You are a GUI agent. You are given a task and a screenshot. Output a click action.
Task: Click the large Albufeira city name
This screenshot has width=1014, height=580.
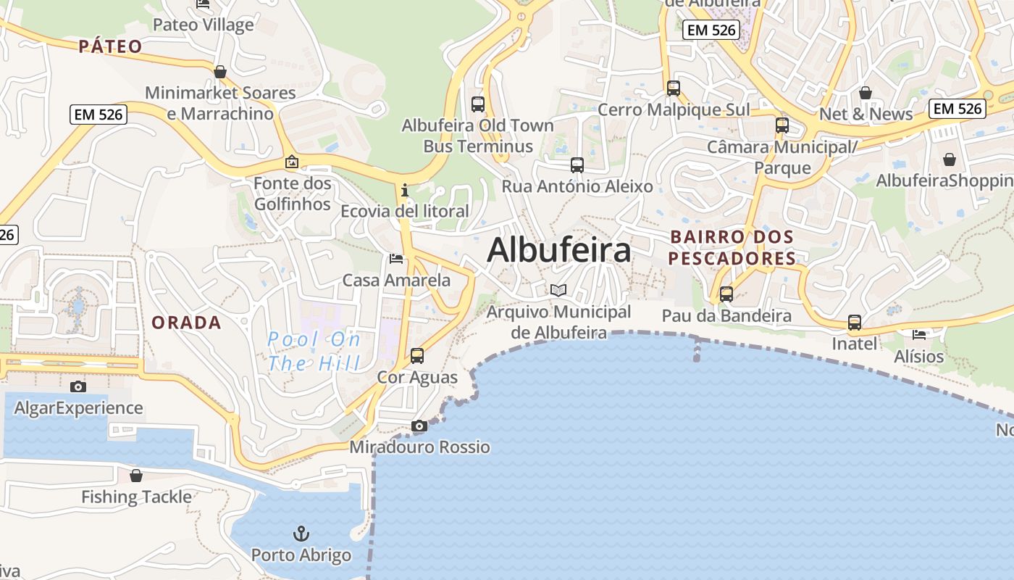pos(558,251)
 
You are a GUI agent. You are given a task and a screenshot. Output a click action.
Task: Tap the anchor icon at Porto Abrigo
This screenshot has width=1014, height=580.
pos(301,534)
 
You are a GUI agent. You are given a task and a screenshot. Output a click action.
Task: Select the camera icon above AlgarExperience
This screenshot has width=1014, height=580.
pos(77,387)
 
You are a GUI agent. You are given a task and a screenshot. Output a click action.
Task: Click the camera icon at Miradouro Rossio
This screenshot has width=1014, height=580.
pos(419,426)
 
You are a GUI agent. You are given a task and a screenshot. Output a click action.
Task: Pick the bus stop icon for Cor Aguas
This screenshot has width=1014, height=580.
pos(417,356)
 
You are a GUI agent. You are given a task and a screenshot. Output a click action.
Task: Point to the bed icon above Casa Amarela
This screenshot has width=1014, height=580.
pos(395,259)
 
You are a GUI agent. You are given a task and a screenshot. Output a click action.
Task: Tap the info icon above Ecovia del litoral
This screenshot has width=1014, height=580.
pos(405,191)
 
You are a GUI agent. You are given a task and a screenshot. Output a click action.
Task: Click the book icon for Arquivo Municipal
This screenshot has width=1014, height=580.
pos(558,291)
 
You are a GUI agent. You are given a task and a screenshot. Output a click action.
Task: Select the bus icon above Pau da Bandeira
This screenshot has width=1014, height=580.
pos(726,294)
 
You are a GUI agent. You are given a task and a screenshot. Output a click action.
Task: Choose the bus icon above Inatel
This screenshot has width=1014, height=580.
pos(855,323)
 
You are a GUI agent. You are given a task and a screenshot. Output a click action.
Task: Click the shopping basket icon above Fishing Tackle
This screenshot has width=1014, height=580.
pos(135,476)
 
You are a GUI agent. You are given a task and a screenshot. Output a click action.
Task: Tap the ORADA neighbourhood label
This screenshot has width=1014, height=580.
pos(186,323)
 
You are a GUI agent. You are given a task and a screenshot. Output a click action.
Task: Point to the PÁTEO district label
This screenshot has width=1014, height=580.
pos(111,47)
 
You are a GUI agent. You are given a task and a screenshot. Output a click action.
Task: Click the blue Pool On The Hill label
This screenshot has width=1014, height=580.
pos(314,351)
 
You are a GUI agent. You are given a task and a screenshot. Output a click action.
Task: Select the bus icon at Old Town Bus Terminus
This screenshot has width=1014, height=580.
pos(478,104)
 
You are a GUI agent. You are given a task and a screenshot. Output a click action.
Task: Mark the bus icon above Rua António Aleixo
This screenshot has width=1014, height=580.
pos(577,165)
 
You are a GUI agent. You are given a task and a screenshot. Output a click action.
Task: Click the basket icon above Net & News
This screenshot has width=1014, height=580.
pos(865,93)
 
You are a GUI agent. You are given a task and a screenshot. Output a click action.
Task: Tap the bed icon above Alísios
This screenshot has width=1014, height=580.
pos(919,335)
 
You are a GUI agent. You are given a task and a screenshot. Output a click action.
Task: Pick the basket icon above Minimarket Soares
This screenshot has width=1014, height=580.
pos(220,72)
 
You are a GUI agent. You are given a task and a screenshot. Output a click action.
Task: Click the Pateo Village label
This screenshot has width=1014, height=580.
pos(204,25)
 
